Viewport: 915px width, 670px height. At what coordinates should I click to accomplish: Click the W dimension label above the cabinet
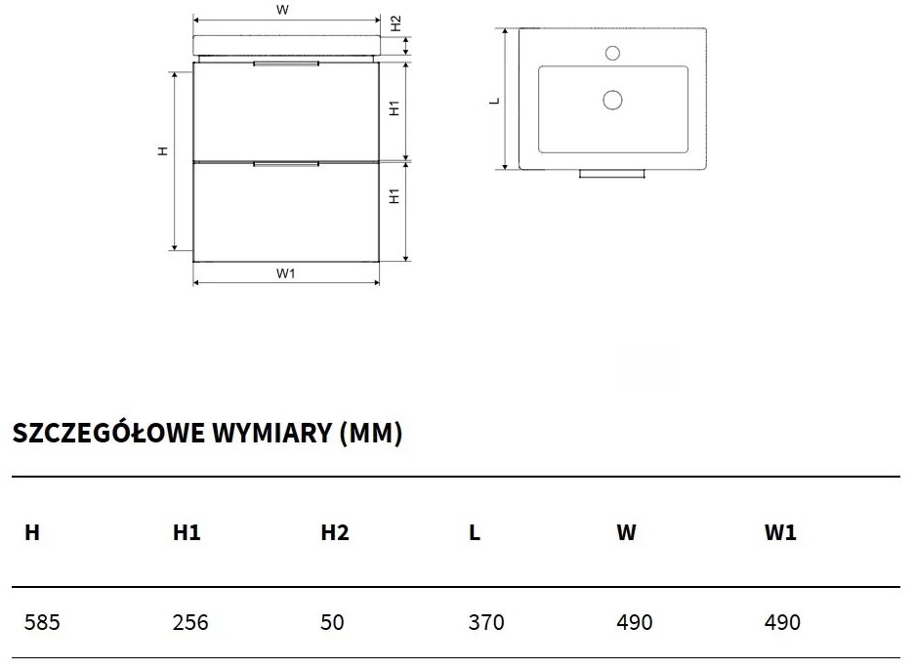(282, 10)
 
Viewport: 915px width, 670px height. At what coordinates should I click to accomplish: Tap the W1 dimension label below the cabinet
(285, 273)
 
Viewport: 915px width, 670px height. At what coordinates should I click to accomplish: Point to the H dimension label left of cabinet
(164, 150)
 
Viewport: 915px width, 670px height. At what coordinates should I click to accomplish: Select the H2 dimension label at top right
(395, 22)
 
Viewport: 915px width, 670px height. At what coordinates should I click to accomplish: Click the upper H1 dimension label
(395, 108)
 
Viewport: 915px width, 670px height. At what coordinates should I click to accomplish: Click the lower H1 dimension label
(395, 196)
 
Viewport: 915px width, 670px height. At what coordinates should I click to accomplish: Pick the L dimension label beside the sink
(495, 100)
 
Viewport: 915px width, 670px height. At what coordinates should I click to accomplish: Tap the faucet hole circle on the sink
(613, 52)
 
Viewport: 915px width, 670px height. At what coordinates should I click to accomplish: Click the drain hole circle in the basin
(613, 99)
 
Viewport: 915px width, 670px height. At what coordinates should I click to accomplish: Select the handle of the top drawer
(285, 64)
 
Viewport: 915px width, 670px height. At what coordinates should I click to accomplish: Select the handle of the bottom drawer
(285, 165)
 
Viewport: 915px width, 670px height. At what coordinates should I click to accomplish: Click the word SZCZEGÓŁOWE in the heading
(109, 434)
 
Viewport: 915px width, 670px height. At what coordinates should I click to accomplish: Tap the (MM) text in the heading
(370, 434)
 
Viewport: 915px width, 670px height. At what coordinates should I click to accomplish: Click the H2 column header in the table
(335, 532)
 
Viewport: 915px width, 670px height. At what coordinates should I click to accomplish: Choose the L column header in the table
(475, 532)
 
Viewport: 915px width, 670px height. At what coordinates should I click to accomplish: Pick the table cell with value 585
(42, 622)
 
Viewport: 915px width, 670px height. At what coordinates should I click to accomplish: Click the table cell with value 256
(190, 622)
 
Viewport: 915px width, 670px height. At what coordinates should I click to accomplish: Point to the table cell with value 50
(333, 622)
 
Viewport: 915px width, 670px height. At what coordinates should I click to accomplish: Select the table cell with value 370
(486, 622)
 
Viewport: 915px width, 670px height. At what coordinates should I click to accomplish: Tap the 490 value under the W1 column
(782, 622)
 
